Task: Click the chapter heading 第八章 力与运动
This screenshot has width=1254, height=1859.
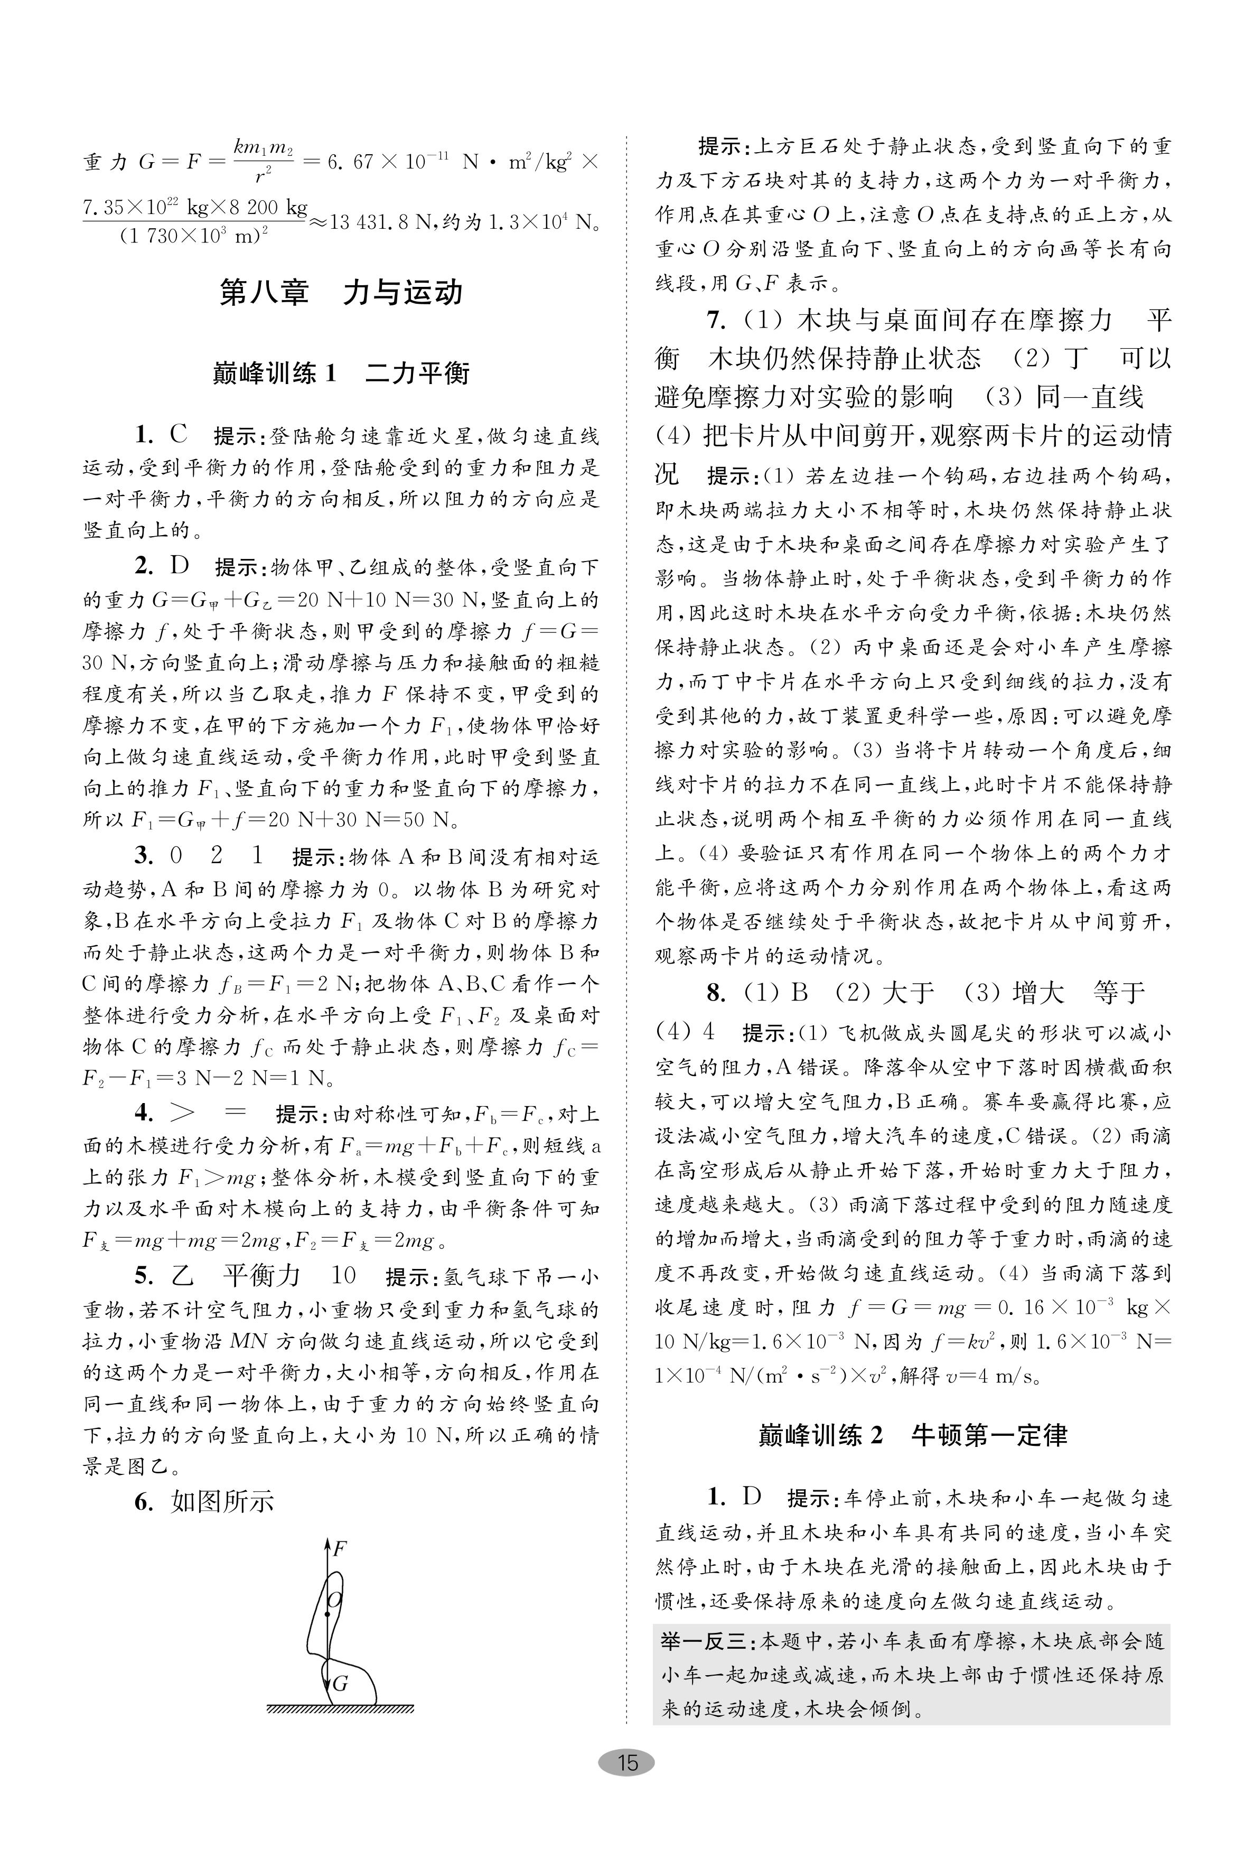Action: [x=341, y=293]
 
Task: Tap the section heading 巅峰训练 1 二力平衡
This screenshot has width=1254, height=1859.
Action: [x=341, y=373]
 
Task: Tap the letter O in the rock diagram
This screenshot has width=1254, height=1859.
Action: [x=335, y=1599]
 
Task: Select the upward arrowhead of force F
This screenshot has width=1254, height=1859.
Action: [x=326, y=1543]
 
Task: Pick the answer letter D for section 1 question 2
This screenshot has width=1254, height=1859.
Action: [x=179, y=566]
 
